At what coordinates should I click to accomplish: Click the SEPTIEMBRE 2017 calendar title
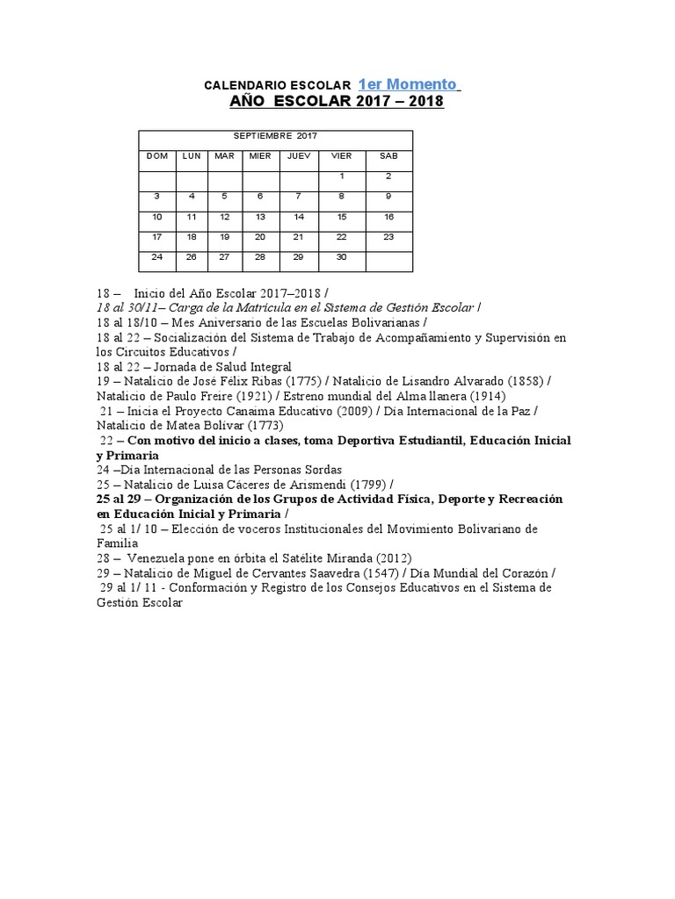tap(275, 136)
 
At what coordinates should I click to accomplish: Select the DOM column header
tap(157, 155)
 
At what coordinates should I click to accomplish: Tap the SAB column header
tap(388, 155)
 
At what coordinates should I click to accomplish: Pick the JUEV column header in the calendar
tap(298, 155)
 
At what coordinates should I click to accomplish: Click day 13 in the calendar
tap(260, 216)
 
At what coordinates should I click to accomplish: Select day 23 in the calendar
tap(388, 236)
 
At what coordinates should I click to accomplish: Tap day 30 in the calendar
tap(342, 256)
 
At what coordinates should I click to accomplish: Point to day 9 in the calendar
tap(388, 196)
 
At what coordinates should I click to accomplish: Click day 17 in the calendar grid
tap(157, 236)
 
